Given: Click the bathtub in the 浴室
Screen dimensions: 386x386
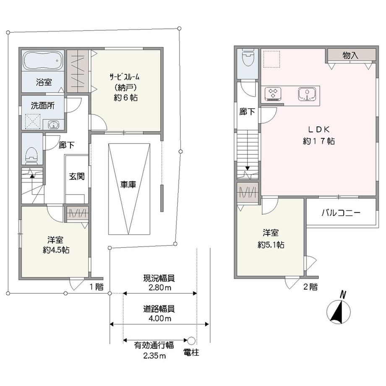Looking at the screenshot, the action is [43, 60].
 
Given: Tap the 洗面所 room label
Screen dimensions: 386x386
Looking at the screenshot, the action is [43, 106].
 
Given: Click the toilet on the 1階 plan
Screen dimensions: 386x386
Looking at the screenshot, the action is [31, 155].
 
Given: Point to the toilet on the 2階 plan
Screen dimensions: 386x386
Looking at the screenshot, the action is [248, 57].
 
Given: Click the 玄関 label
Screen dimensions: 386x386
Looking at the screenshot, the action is [77, 176].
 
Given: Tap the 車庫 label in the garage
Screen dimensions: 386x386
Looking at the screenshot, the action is [128, 184].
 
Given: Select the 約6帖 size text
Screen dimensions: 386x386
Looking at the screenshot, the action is [125, 98].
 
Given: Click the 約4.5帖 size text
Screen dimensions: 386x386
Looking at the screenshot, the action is [56, 250].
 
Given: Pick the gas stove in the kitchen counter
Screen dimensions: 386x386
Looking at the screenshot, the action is [273, 94].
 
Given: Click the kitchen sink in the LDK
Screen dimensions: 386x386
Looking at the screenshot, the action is [307, 94].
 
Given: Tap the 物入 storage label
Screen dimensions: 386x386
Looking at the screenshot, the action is [351, 55].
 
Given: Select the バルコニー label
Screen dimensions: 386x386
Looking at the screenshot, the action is [341, 213].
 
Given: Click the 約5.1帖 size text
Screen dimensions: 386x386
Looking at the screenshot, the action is [271, 245].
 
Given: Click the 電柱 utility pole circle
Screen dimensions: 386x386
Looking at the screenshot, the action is [191, 341].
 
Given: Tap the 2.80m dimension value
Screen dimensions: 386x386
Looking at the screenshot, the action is [160, 287].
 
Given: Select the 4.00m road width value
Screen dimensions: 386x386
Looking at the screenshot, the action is [160, 318].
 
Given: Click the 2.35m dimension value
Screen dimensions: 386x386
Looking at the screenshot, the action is [154, 356].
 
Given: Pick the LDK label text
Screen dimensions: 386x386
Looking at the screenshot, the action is [319, 129].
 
